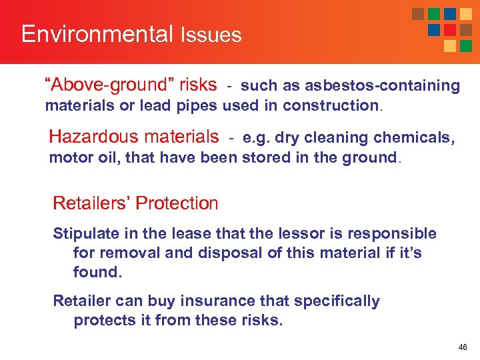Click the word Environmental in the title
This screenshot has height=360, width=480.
tap(97, 34)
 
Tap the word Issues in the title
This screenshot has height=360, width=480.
tap(211, 35)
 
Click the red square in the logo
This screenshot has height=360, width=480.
tap(450, 30)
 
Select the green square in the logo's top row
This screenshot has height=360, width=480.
tap(434, 14)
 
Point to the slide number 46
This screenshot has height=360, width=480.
tap(463, 347)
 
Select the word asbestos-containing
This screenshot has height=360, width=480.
tap(382, 85)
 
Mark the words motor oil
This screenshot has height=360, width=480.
tap(77, 158)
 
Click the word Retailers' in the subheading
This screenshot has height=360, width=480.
tap(86, 203)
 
